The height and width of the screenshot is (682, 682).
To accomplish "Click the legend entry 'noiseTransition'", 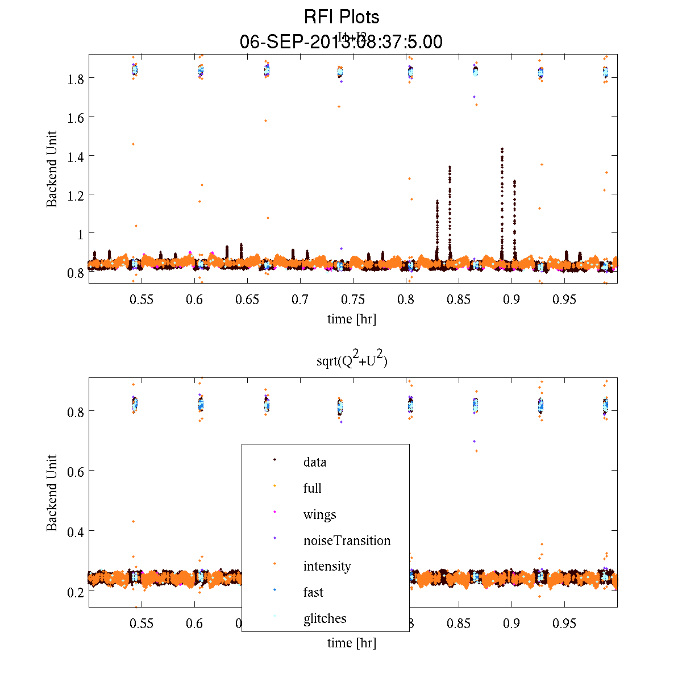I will pyautogui.click(x=347, y=540).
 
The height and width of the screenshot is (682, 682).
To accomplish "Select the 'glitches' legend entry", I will pyautogui.click(x=325, y=618).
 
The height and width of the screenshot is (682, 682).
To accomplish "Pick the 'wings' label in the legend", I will pyautogui.click(x=319, y=515).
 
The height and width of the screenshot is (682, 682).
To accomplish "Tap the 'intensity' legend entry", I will pyautogui.click(x=327, y=567).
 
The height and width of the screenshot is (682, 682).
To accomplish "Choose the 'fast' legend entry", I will pyautogui.click(x=313, y=592).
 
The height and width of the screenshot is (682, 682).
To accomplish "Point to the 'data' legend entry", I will pyautogui.click(x=315, y=462).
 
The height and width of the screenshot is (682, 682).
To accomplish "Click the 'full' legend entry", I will pyautogui.click(x=312, y=488).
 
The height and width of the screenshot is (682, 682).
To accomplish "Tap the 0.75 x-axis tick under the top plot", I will pyautogui.click(x=353, y=300).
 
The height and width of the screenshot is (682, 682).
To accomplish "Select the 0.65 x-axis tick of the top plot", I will pyautogui.click(x=247, y=300).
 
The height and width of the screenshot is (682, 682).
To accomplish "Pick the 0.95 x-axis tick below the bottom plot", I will pyautogui.click(x=564, y=623).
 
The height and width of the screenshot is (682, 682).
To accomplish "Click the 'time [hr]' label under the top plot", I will pyautogui.click(x=351, y=319).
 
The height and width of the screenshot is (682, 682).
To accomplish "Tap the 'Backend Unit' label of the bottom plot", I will pyautogui.click(x=52, y=493).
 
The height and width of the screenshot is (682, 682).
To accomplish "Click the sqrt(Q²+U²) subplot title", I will pyautogui.click(x=352, y=361).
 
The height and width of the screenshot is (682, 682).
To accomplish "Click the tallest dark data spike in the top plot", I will pyautogui.click(x=502, y=149).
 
